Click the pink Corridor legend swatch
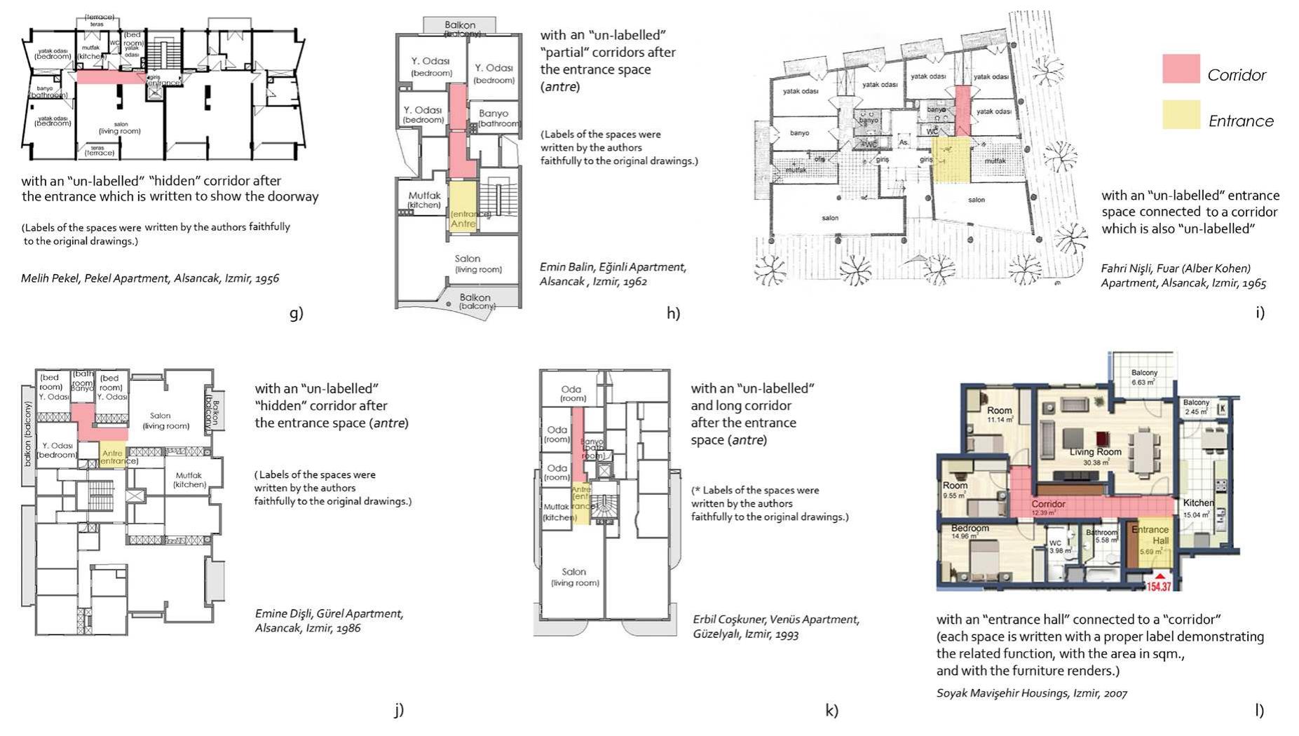point(1181,69)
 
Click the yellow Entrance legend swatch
point(1181,114)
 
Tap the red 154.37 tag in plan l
point(1158,585)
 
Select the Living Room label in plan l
point(1095,453)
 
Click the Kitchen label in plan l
point(1198,503)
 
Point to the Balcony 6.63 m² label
point(1144,377)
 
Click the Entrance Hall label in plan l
point(1151,535)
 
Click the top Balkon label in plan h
point(460,25)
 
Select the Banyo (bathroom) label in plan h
point(494,117)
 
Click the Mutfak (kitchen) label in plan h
point(424,200)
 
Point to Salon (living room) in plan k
point(574,576)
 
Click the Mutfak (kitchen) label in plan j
point(189,479)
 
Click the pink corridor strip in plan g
point(109,77)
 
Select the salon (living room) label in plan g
point(120,128)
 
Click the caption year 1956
point(267,278)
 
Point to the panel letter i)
point(1260,313)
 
